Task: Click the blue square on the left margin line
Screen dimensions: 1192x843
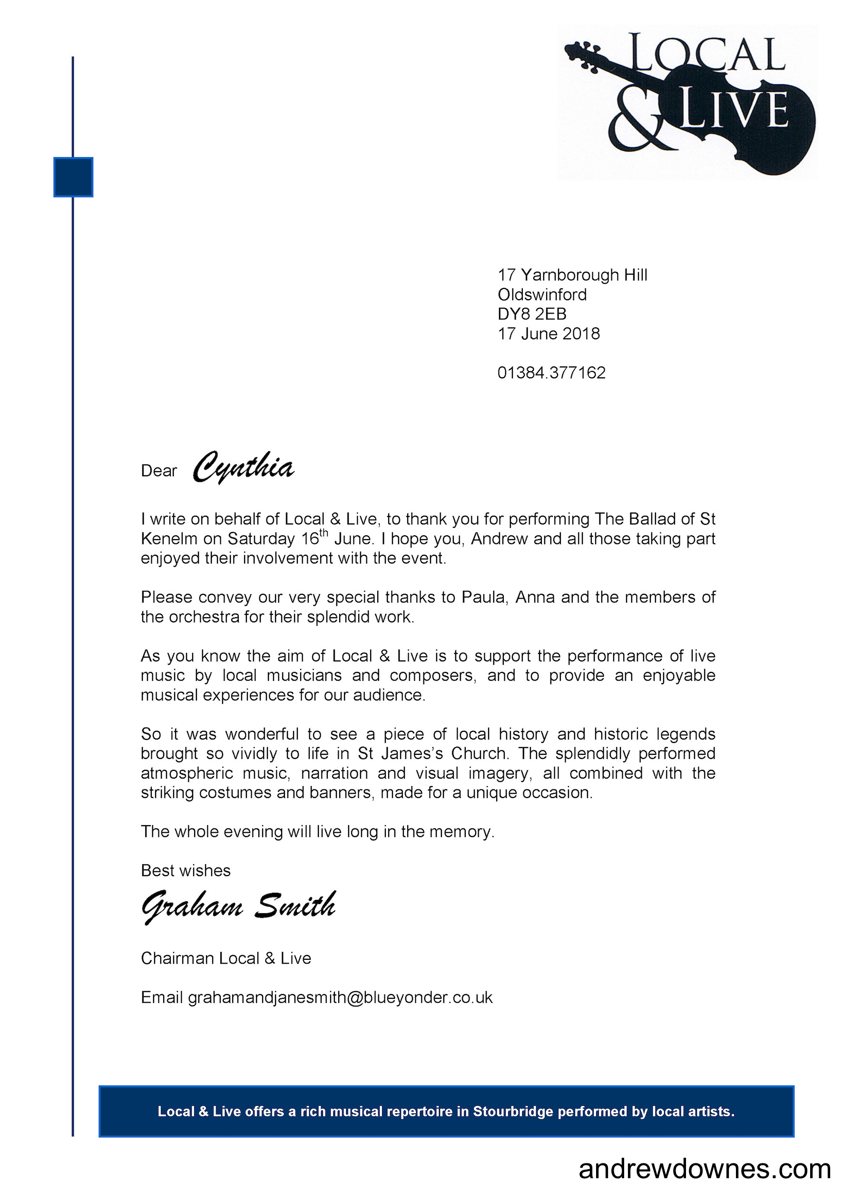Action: (x=73, y=177)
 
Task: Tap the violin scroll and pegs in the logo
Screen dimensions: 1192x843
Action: (x=584, y=54)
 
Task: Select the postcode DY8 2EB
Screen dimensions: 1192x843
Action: (x=531, y=314)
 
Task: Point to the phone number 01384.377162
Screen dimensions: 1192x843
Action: (x=551, y=373)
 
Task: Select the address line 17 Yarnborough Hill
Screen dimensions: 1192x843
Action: (x=572, y=275)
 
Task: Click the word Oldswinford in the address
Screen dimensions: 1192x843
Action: (x=542, y=295)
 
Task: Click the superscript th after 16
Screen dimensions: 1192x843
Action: (x=323, y=532)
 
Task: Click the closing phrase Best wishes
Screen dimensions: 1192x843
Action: (x=186, y=871)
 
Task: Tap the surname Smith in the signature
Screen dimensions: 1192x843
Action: (x=295, y=906)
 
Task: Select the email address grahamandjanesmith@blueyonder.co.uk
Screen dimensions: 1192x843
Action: (x=340, y=997)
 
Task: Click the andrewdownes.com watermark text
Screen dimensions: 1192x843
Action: (x=705, y=1169)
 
